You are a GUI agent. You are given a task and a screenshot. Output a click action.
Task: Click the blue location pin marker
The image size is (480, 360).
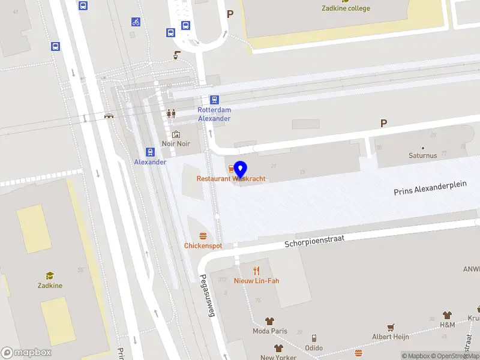241,169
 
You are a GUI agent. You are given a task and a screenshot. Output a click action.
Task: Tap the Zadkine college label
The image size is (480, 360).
346,8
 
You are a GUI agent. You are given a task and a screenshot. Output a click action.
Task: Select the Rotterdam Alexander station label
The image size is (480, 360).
214,114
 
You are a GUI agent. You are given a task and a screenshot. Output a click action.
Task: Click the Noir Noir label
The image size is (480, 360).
176,144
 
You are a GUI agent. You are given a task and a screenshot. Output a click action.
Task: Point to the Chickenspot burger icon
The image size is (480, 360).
203,236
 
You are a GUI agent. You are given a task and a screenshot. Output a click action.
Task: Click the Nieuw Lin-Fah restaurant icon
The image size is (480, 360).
257,271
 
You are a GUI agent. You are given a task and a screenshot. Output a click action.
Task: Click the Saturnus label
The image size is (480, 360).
423,155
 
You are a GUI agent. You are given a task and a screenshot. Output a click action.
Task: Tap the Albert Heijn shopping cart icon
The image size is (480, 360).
391,327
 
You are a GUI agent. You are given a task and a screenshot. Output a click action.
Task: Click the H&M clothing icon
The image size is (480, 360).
447,315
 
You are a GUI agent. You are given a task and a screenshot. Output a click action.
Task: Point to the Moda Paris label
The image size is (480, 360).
270,331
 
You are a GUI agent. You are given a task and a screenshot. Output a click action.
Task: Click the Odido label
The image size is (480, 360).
314,348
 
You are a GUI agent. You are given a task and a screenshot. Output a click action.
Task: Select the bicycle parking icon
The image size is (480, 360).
136,22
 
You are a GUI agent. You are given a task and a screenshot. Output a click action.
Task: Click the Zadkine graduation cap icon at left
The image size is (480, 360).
50,275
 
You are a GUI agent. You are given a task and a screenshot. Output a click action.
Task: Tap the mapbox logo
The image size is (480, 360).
26,353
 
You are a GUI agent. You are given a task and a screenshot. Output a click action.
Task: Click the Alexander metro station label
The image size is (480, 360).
150,162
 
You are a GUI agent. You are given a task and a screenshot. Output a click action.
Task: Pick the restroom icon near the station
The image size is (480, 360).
172,113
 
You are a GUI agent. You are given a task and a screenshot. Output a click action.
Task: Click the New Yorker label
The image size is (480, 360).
278,357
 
